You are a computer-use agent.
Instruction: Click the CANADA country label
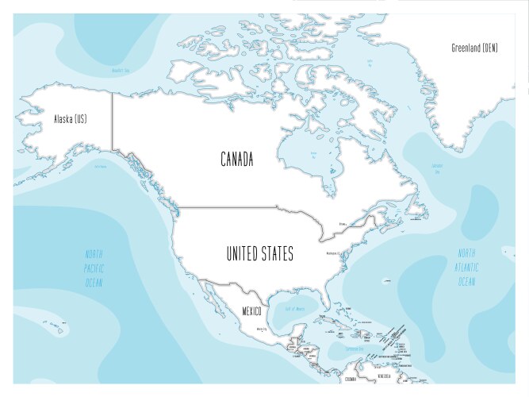click(x=237, y=160)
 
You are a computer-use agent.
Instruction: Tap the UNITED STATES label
click(x=260, y=254)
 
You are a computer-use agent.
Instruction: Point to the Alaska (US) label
click(x=70, y=120)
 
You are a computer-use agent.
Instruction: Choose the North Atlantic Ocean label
click(x=466, y=268)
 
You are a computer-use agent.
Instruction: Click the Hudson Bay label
click(x=314, y=156)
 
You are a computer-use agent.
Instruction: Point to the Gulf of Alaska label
click(x=101, y=167)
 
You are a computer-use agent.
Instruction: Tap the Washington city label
click(x=333, y=253)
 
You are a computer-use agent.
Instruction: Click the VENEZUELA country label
click(x=385, y=376)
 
